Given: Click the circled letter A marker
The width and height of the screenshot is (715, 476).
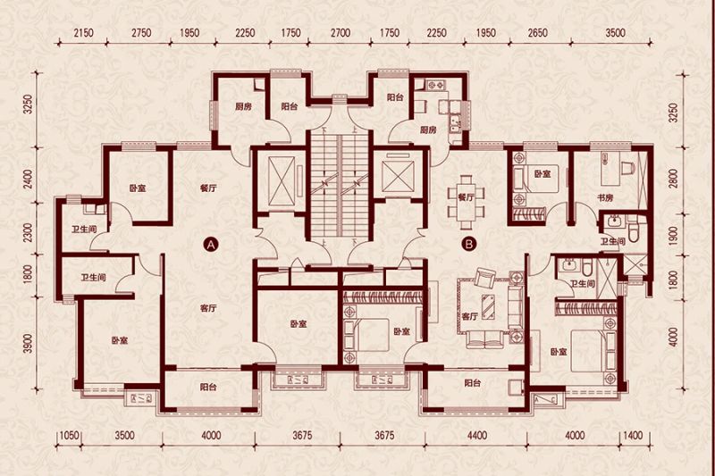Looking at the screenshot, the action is (x=211, y=245).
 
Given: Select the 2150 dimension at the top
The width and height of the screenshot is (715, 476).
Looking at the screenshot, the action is (x=83, y=33).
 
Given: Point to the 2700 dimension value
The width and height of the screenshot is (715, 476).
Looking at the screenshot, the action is (x=341, y=33).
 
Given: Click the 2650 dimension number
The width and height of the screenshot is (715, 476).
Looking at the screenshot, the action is (x=538, y=33).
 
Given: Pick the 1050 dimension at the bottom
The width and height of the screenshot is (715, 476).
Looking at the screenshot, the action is (x=70, y=436).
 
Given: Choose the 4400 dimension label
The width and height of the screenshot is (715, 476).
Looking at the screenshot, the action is (x=477, y=436).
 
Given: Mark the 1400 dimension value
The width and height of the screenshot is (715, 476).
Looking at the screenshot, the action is (x=633, y=436).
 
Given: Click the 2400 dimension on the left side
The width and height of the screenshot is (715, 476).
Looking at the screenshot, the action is (x=29, y=179).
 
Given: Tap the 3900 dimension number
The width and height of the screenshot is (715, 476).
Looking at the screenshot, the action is (x=29, y=343).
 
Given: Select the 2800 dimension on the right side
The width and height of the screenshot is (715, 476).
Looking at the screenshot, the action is (x=674, y=179).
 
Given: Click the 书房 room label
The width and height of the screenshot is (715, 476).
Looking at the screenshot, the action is (x=605, y=198).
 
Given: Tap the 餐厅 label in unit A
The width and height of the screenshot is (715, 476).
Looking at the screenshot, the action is (x=208, y=188).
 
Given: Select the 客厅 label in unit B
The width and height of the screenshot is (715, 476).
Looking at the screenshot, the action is (x=470, y=316).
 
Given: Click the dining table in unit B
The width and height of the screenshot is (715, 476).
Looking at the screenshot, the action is (x=466, y=202).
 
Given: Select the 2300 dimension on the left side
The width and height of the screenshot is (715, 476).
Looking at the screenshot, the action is (x=29, y=232).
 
